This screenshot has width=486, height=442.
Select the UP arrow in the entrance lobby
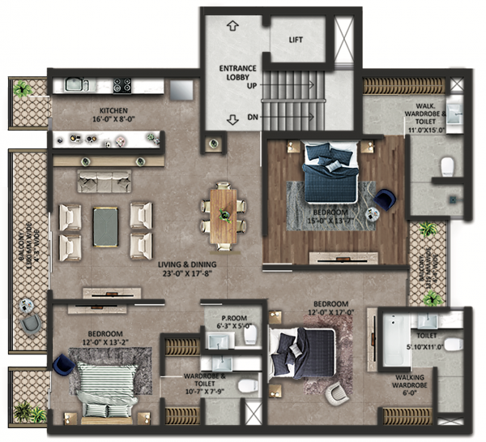232,26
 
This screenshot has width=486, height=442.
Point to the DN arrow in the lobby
232,118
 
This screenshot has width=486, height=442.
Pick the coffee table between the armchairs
106,226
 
